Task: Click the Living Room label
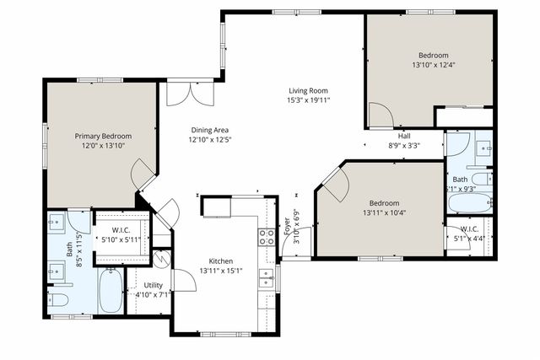point(309,90)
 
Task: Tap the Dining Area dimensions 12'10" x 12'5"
point(210,140)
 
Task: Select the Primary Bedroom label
point(103,135)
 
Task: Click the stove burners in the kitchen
point(266,237)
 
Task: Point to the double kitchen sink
point(267,277)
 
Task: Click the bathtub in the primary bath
point(110,290)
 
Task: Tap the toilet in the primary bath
point(59,300)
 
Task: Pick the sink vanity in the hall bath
point(483,149)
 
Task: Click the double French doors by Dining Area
point(185,93)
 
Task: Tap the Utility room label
point(153,285)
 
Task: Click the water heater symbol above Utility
point(159,259)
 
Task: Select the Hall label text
point(405,135)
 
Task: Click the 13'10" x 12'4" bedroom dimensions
point(439,65)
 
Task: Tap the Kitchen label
point(221,261)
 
